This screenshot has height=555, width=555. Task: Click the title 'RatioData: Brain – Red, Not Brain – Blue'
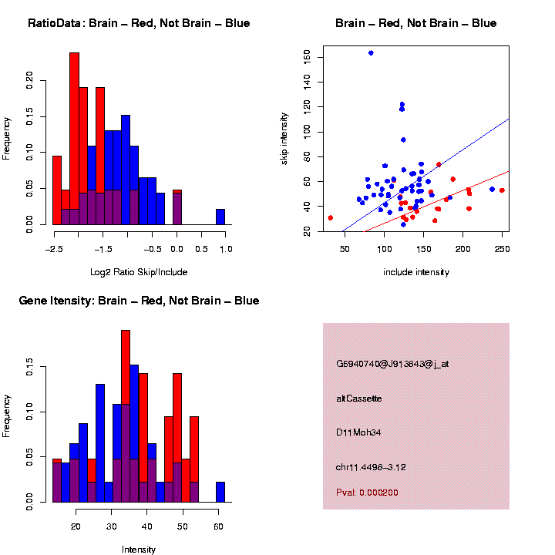pyautogui.click(x=139, y=23)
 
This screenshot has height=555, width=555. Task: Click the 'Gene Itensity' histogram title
pyautogui.click(x=139, y=301)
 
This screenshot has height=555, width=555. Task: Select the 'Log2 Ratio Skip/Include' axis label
pyautogui.click(x=139, y=272)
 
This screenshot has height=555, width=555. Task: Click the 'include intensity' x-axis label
pyautogui.click(x=415, y=272)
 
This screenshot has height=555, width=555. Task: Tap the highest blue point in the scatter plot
pyautogui.click(x=371, y=53)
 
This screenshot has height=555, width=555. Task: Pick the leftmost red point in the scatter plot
pyautogui.click(x=330, y=218)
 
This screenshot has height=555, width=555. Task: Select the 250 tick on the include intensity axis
pyautogui.click(x=502, y=249)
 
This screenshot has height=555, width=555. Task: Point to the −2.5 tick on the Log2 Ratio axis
pyautogui.click(x=53, y=249)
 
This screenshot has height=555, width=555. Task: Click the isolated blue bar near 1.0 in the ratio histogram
pyautogui.click(x=220, y=217)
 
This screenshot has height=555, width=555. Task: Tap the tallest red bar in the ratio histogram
pyautogui.click(x=75, y=139)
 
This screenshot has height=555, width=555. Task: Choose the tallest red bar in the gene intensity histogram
pyautogui.click(x=126, y=416)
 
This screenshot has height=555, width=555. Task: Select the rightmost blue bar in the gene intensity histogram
pyautogui.click(x=220, y=492)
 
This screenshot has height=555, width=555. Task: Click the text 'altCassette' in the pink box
pyautogui.click(x=359, y=399)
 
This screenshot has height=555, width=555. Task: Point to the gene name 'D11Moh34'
pyautogui.click(x=358, y=432)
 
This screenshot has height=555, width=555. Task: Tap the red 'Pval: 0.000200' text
pyautogui.click(x=367, y=493)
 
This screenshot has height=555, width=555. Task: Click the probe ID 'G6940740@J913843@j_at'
pyautogui.click(x=392, y=364)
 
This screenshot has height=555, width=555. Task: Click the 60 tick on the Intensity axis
pyautogui.click(x=218, y=526)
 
